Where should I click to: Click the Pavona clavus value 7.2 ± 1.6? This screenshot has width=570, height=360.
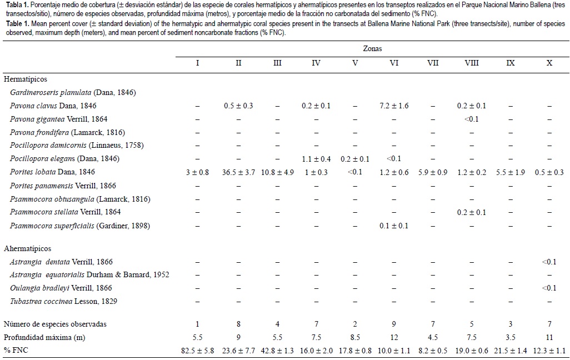pos(394,106)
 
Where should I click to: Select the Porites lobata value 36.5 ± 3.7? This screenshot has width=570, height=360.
pos(238,172)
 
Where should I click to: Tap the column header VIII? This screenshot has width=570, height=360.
pos(472,63)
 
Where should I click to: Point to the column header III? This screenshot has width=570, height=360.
pos(277,63)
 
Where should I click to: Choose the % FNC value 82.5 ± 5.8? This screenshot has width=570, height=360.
pos(198,351)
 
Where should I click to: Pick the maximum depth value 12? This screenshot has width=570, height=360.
pos(394,337)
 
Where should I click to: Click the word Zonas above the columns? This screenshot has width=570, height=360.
pos(374,49)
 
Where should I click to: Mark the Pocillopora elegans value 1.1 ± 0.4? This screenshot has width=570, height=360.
pos(316,159)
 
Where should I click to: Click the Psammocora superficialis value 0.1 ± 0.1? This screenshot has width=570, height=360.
pos(394,226)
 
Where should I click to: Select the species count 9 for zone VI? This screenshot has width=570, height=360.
pos(394,324)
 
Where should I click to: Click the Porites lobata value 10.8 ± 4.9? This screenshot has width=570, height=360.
pos(277,172)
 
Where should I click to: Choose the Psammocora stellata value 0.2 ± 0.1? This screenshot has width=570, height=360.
pos(472,212)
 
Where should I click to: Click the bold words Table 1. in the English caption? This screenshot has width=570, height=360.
pos(16,25)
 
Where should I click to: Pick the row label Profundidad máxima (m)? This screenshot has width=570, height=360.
pos(44,337)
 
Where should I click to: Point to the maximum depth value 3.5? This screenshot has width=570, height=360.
pos(511,337)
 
